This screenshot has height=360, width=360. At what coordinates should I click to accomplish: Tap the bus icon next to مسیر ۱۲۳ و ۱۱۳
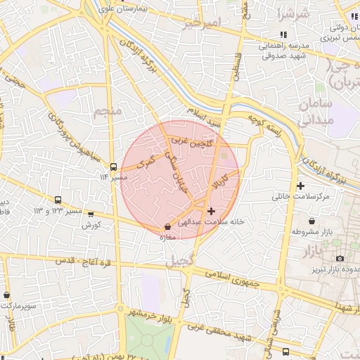click(x=57, y=200)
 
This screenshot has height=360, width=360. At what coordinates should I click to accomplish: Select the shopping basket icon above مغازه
click(x=167, y=227)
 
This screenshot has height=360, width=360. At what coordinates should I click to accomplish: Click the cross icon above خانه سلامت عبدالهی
click(x=211, y=211)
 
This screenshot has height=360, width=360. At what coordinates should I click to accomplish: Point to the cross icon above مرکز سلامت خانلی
click(x=301, y=186)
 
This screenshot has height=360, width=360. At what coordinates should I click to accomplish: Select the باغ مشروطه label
click(x=316, y=231)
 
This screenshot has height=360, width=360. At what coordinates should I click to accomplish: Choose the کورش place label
click(x=92, y=225)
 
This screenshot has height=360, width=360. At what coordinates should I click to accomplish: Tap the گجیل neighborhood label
click(x=178, y=262)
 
